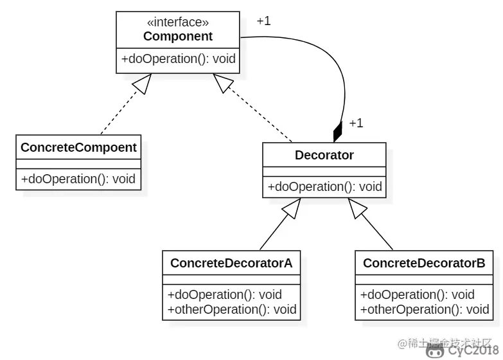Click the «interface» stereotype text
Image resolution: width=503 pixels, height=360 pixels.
click(178, 23)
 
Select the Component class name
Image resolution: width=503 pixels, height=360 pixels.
click(178, 37)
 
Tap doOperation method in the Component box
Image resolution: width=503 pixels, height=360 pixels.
click(178, 59)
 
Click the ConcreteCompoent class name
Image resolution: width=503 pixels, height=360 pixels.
click(78, 147)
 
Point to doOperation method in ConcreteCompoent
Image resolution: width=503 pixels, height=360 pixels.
click(78, 179)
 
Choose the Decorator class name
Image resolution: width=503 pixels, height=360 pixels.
click(324, 155)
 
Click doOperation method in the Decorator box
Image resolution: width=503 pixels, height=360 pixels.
click(324, 187)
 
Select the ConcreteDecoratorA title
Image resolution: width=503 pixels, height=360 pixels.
click(231, 263)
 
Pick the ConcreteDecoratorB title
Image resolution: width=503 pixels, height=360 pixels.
click(424, 263)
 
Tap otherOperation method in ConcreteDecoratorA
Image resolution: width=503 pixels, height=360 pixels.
click(231, 309)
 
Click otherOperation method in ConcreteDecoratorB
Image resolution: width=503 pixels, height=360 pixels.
click(425, 309)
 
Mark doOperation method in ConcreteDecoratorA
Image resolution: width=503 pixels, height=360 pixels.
click(224, 295)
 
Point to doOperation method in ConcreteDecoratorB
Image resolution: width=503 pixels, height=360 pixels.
click(417, 295)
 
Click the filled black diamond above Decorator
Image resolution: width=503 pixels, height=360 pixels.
click(338, 131)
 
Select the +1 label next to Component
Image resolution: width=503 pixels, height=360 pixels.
click(263, 21)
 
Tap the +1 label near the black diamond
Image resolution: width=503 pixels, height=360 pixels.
click(356, 123)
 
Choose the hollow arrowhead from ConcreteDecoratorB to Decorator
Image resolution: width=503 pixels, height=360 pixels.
click(357, 208)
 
